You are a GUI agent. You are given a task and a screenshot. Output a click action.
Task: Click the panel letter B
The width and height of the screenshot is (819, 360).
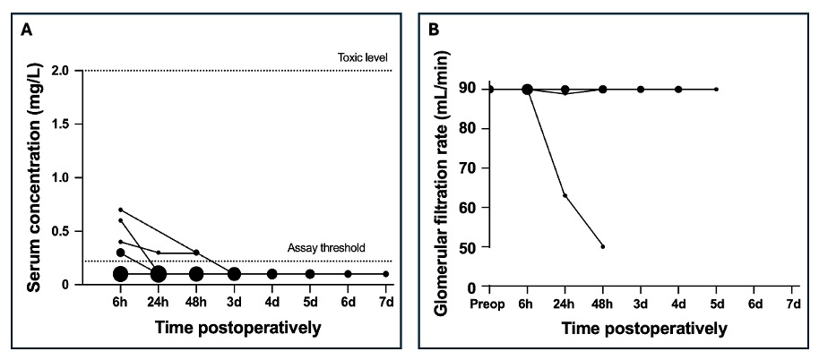[433, 29]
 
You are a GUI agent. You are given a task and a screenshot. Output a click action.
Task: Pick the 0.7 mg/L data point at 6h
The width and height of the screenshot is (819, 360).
[120, 210]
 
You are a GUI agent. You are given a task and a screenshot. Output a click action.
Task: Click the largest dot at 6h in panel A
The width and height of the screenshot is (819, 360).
[120, 274]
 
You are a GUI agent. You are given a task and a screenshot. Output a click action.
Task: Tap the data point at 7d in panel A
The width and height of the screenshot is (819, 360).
[386, 274]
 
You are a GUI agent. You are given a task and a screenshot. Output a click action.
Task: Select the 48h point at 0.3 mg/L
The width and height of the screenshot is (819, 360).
[196, 253]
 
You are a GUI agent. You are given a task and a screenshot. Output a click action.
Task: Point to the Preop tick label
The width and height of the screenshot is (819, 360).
[489, 305]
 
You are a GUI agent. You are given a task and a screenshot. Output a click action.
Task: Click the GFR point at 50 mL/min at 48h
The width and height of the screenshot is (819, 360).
[603, 246]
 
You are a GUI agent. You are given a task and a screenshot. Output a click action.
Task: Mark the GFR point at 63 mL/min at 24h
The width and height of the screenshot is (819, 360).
[565, 195]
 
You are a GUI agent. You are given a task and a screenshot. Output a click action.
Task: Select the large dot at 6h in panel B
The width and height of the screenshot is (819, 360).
[528, 89]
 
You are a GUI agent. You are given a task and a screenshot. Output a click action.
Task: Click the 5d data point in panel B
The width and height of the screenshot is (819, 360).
[716, 89]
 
